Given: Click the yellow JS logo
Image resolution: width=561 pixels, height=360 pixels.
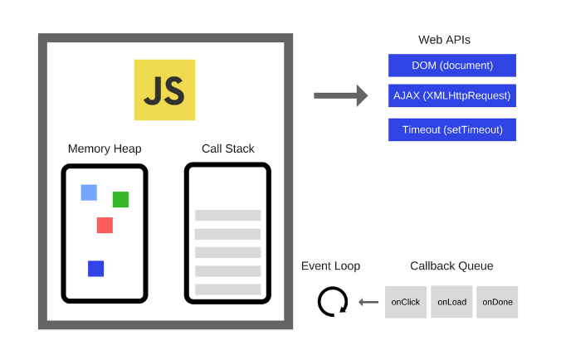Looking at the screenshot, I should (x=164, y=90).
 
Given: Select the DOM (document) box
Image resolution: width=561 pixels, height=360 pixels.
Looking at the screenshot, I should (x=452, y=66).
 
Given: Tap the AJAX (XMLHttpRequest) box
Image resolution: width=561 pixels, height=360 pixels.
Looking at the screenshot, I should (x=452, y=95).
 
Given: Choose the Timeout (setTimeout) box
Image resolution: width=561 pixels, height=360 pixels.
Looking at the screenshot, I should (x=452, y=129).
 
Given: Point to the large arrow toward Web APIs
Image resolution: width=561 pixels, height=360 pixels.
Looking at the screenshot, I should (x=340, y=95).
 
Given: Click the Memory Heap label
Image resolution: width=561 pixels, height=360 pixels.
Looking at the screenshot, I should (x=105, y=148).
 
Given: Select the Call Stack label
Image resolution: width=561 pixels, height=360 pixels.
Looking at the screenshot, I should (x=227, y=148).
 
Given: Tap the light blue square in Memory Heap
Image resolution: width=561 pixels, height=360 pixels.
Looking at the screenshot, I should (x=89, y=192).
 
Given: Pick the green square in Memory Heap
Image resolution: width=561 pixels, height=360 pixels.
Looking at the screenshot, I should (x=120, y=199).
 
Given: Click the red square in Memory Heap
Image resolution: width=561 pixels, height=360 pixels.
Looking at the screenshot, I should (x=105, y=225).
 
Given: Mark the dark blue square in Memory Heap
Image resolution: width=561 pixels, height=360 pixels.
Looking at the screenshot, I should (x=95, y=268).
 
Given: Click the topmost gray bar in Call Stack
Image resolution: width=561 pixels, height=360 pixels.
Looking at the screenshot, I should (x=227, y=215).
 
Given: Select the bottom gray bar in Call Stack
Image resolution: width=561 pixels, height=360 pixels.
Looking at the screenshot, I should (x=227, y=289).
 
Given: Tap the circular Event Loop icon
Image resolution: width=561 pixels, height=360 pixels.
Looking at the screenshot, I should (x=332, y=301).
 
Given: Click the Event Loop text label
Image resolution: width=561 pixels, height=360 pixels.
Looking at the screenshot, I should (x=330, y=265).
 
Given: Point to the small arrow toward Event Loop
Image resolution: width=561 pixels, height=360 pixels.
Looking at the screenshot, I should (x=368, y=302).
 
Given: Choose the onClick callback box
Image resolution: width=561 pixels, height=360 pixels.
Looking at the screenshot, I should (x=406, y=302).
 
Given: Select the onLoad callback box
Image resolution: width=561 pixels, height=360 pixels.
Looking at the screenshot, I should (x=451, y=302).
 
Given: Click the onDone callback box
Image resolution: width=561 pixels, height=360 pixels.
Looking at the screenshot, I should (x=497, y=302).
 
